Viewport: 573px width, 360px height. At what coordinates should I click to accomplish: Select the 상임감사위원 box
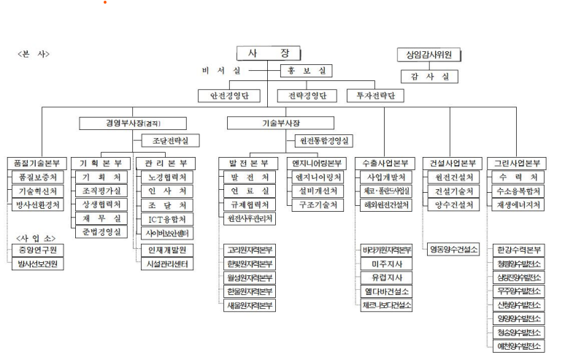[x=429, y=55]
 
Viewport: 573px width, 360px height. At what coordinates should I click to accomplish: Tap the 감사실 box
[x=429, y=76]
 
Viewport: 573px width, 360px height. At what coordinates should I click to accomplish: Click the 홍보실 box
[x=306, y=71]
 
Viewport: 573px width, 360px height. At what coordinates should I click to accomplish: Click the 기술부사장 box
[x=280, y=123]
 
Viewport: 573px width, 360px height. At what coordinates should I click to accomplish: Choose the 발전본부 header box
[x=249, y=163]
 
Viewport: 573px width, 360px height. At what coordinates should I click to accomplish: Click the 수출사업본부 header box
[x=385, y=163]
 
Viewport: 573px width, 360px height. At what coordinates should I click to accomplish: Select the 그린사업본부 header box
[x=518, y=163]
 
